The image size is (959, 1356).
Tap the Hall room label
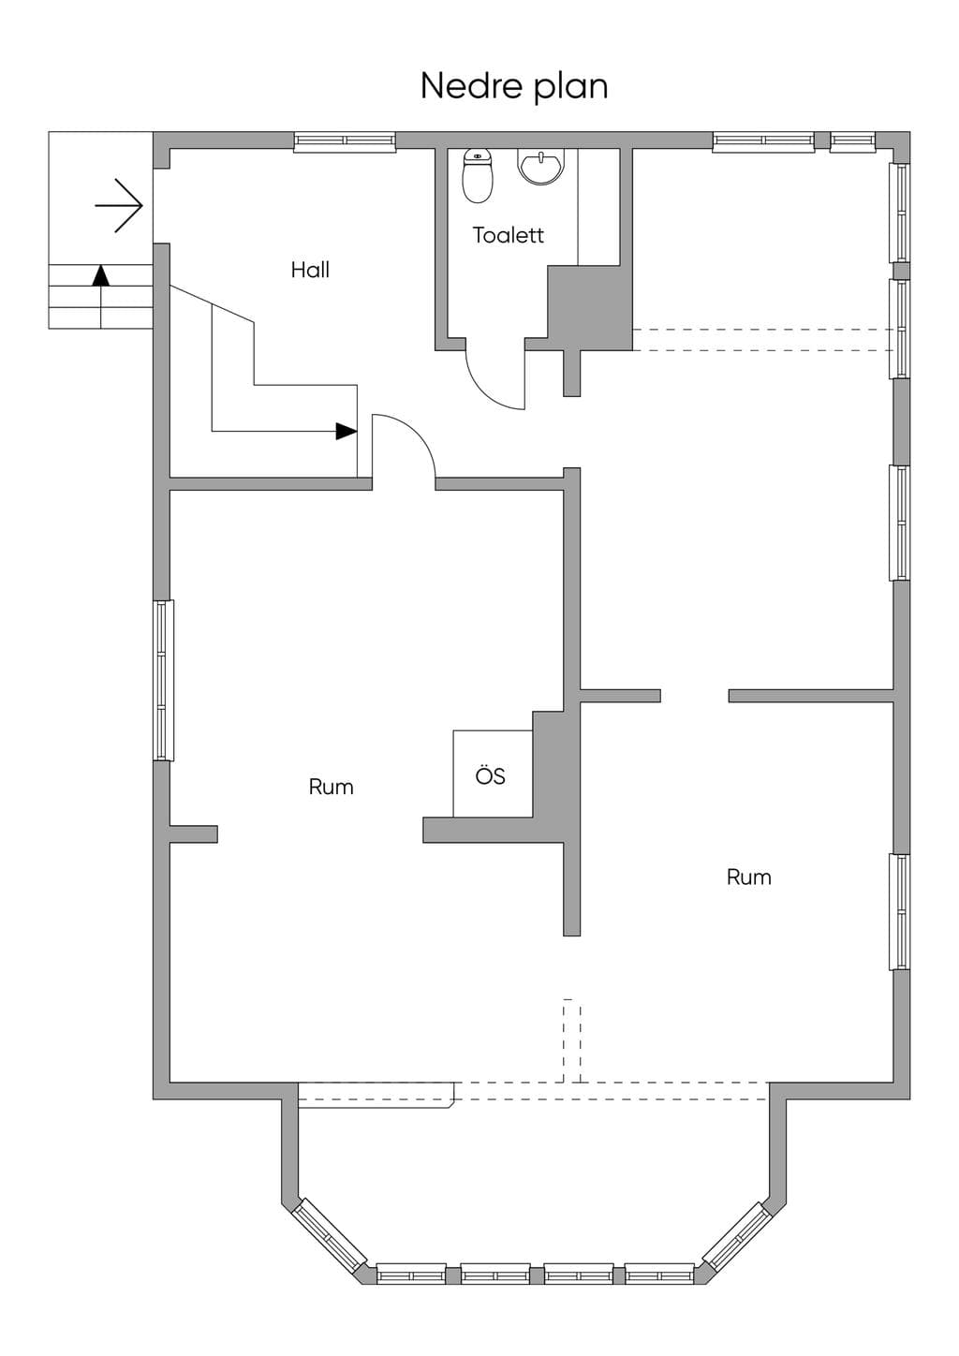coord(310,270)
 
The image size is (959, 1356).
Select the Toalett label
coord(509,235)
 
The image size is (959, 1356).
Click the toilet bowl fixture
coord(478,176)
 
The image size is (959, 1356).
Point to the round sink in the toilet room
coord(542,167)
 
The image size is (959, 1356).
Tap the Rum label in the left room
coord(332,787)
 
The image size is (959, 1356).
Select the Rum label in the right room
coord(749,877)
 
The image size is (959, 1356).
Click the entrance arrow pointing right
coord(119,206)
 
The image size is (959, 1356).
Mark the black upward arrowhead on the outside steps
coord(100,275)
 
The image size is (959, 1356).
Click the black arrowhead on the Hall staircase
coord(347,431)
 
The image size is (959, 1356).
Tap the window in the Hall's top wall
coord(345,140)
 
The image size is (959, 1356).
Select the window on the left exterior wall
coord(162,681)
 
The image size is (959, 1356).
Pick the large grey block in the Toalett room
coord(590,307)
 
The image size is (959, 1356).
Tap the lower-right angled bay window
coord(737,1236)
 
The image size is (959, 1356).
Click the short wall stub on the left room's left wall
coord(193,833)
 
